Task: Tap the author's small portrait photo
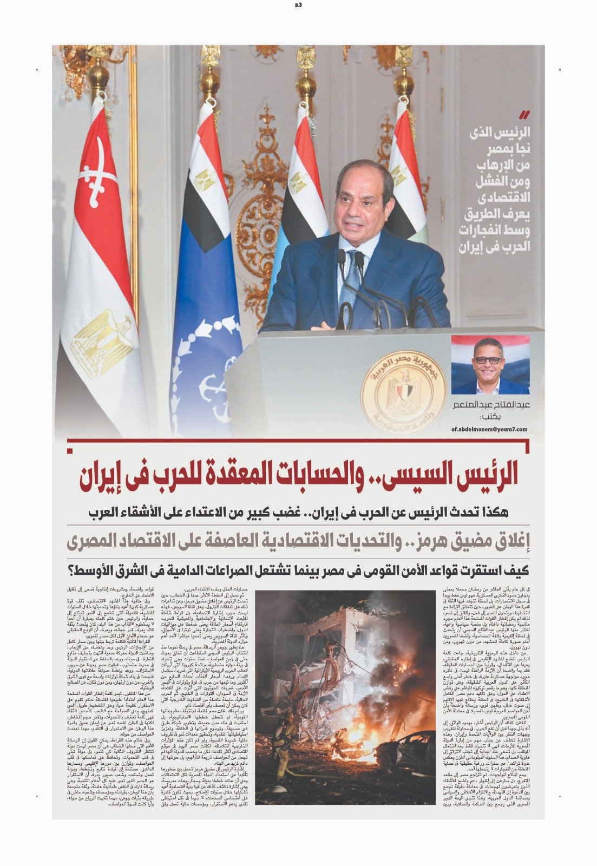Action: [490, 365]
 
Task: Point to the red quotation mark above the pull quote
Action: [524, 115]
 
